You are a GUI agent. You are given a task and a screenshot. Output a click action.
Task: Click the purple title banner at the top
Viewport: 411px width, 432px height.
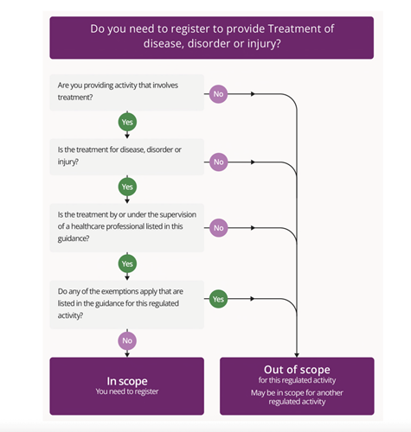point(211,38)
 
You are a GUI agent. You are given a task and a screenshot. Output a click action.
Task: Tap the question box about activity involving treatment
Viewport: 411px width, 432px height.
point(127,92)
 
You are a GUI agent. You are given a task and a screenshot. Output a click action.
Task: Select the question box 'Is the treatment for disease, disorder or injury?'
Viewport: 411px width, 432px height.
point(127,157)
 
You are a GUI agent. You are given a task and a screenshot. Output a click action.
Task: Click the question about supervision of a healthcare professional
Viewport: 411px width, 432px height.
point(127,228)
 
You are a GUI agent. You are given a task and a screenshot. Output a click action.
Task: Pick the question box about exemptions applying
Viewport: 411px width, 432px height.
point(127,305)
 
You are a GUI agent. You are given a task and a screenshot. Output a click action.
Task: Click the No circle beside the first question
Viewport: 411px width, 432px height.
point(218,94)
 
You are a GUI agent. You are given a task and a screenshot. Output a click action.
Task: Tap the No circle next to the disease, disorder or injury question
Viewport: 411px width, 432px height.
point(218,162)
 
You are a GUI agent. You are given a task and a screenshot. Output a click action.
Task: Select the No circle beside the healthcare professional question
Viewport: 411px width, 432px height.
point(218,228)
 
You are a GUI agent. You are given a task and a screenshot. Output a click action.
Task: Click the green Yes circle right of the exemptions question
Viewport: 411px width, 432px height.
point(218,299)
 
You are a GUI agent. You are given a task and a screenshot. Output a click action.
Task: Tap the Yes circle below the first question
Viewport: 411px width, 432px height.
point(127,122)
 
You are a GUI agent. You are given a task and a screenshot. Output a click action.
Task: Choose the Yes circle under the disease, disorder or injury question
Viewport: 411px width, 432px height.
point(127,187)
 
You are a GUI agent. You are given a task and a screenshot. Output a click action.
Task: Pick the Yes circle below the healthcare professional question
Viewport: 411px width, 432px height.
point(127,264)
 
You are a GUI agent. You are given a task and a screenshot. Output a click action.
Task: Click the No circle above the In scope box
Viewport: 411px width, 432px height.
point(127,340)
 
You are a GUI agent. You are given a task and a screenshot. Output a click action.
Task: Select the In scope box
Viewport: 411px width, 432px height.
point(127,386)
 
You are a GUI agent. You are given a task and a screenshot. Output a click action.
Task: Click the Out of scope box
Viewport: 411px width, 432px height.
point(297,386)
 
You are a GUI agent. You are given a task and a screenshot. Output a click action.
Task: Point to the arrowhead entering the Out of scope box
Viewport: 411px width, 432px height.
point(297,355)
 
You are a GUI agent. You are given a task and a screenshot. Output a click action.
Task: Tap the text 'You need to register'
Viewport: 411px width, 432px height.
point(127,391)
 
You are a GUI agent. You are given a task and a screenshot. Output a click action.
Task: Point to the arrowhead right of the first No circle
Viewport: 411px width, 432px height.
point(253,94)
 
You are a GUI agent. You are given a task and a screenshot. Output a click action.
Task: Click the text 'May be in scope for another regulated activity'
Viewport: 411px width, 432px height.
point(297,397)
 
